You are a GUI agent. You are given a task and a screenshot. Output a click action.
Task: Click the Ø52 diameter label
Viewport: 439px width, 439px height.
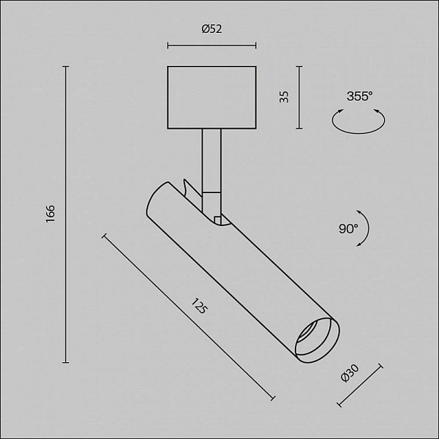[x=211, y=29]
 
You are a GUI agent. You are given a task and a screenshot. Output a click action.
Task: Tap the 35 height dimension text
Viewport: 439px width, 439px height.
[x=284, y=97]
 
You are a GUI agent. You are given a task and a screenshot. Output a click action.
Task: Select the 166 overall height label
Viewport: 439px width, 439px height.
[x=50, y=214]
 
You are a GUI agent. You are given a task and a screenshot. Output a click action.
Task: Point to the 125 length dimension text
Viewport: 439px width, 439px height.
[x=199, y=306]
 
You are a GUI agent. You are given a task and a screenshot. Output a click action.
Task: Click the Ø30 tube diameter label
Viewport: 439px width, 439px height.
[x=350, y=373]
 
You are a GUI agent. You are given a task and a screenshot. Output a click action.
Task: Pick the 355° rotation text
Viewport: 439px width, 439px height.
[x=359, y=97]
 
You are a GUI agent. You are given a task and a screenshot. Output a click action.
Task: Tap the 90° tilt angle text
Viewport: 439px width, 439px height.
[x=348, y=228]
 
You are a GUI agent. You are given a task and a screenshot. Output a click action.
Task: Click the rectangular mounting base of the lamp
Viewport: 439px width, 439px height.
[x=211, y=97]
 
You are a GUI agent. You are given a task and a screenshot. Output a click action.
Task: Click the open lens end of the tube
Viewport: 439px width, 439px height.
[x=318, y=340]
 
